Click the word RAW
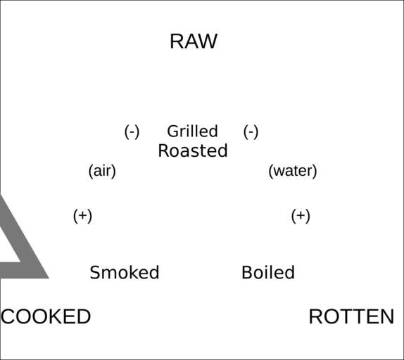pos(194,41)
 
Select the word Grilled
pos(192,131)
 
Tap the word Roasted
pos(193,150)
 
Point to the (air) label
pos(102,171)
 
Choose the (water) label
pos(292,171)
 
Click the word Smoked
pos(125,273)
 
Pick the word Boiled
pos(268,273)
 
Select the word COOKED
pos(46,316)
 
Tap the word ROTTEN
pos(351,316)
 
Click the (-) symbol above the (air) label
pos(132,131)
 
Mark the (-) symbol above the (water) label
pos(251,131)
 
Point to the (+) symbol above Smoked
pos(82,216)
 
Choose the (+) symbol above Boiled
pos(301,216)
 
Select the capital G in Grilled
pos(172,131)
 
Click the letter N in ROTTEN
pos(388,316)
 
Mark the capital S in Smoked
pos(95,273)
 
